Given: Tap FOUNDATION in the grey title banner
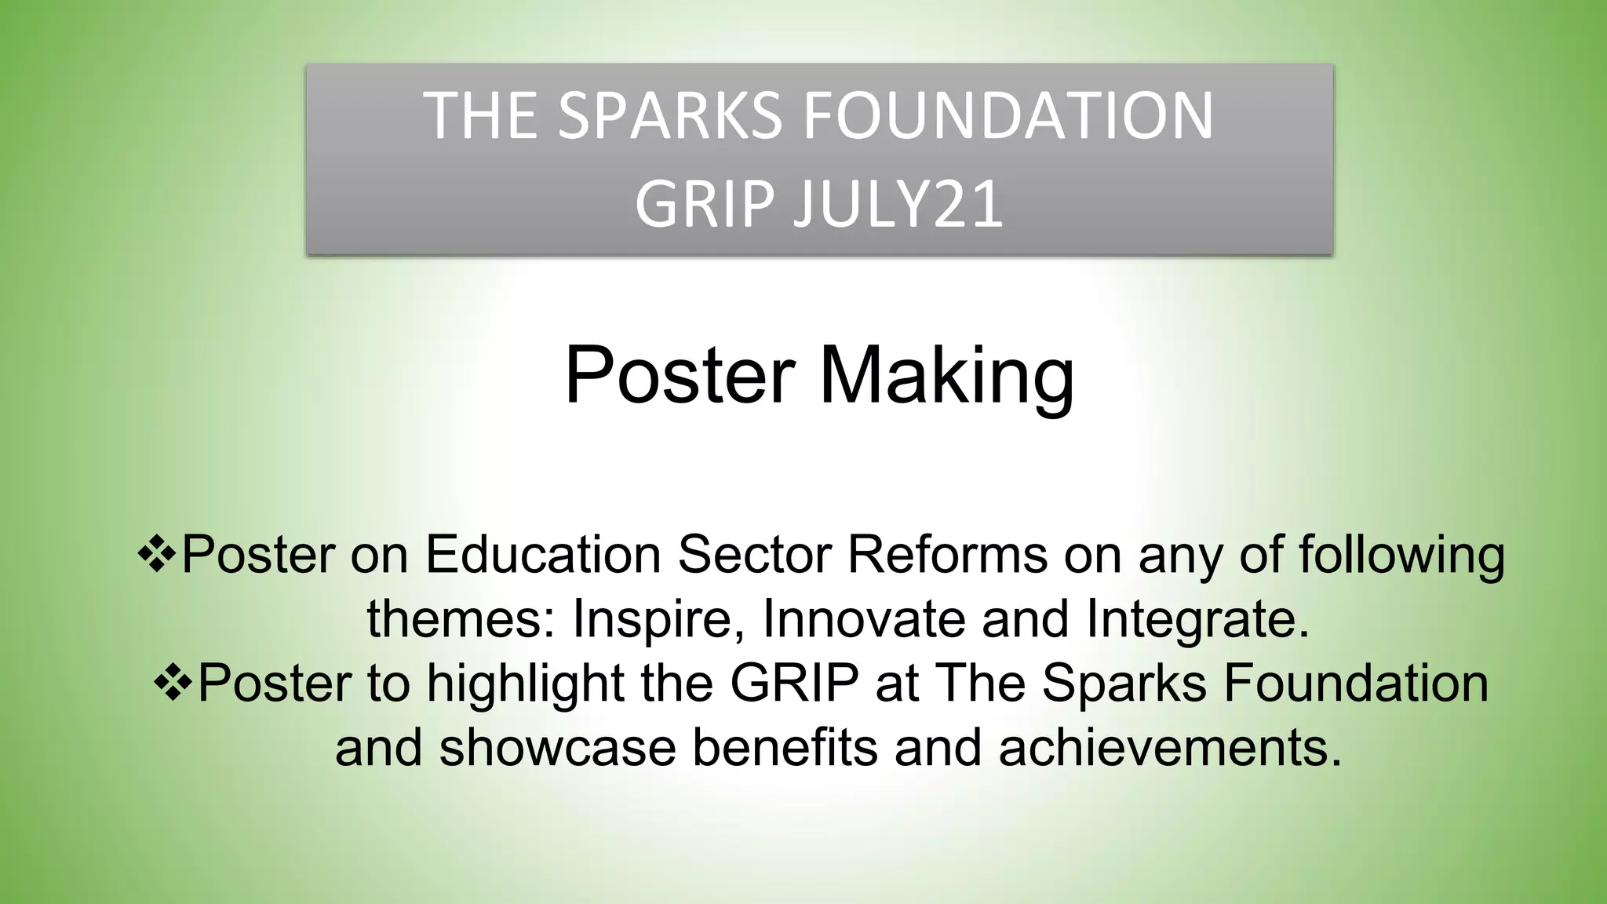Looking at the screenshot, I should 1008,116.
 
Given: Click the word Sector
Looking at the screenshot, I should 754,555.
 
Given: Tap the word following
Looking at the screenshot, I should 1401,555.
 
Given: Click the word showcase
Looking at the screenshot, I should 557,748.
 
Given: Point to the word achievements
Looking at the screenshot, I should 1170,748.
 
